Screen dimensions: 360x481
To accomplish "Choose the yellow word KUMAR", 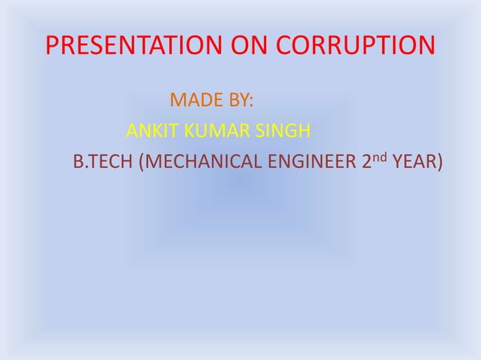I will click(210, 133).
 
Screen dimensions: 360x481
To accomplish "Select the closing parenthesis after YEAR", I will click(439, 163).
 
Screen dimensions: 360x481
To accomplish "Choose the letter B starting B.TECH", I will click(76, 163).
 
